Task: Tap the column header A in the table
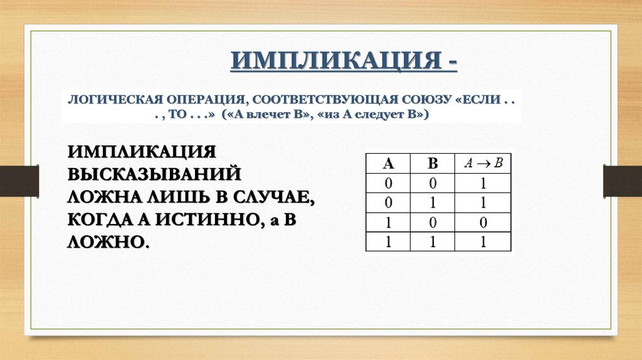[x=388, y=164]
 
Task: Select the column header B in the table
[x=433, y=164]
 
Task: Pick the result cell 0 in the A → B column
[x=483, y=223]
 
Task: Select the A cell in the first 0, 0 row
[x=388, y=184]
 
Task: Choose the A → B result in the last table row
[x=483, y=242]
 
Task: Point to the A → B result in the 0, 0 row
[x=483, y=184]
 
